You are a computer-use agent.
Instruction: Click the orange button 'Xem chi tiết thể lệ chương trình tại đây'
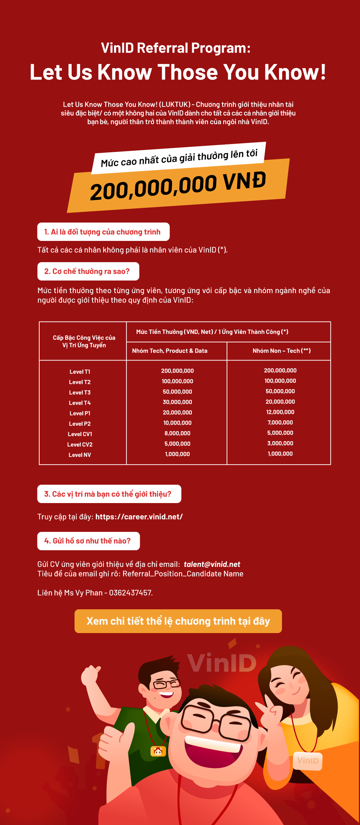click(178, 621)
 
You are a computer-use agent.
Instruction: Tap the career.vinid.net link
click(139, 517)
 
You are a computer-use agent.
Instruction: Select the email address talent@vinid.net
click(212, 564)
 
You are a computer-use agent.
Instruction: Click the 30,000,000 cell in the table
click(177, 402)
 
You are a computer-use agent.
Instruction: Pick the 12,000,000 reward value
click(280, 412)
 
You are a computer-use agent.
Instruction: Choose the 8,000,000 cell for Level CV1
click(177, 433)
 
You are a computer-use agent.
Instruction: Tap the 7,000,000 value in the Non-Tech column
click(280, 422)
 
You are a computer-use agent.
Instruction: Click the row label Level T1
click(80, 372)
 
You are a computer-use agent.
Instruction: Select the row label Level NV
click(80, 455)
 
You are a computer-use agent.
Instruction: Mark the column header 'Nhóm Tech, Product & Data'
click(170, 351)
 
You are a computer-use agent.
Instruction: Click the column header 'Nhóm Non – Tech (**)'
click(282, 351)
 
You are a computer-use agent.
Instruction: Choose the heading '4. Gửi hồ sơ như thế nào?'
click(88, 541)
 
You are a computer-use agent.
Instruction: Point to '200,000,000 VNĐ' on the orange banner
click(178, 186)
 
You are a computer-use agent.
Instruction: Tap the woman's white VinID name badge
click(308, 761)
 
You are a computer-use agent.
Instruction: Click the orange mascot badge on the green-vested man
click(158, 751)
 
